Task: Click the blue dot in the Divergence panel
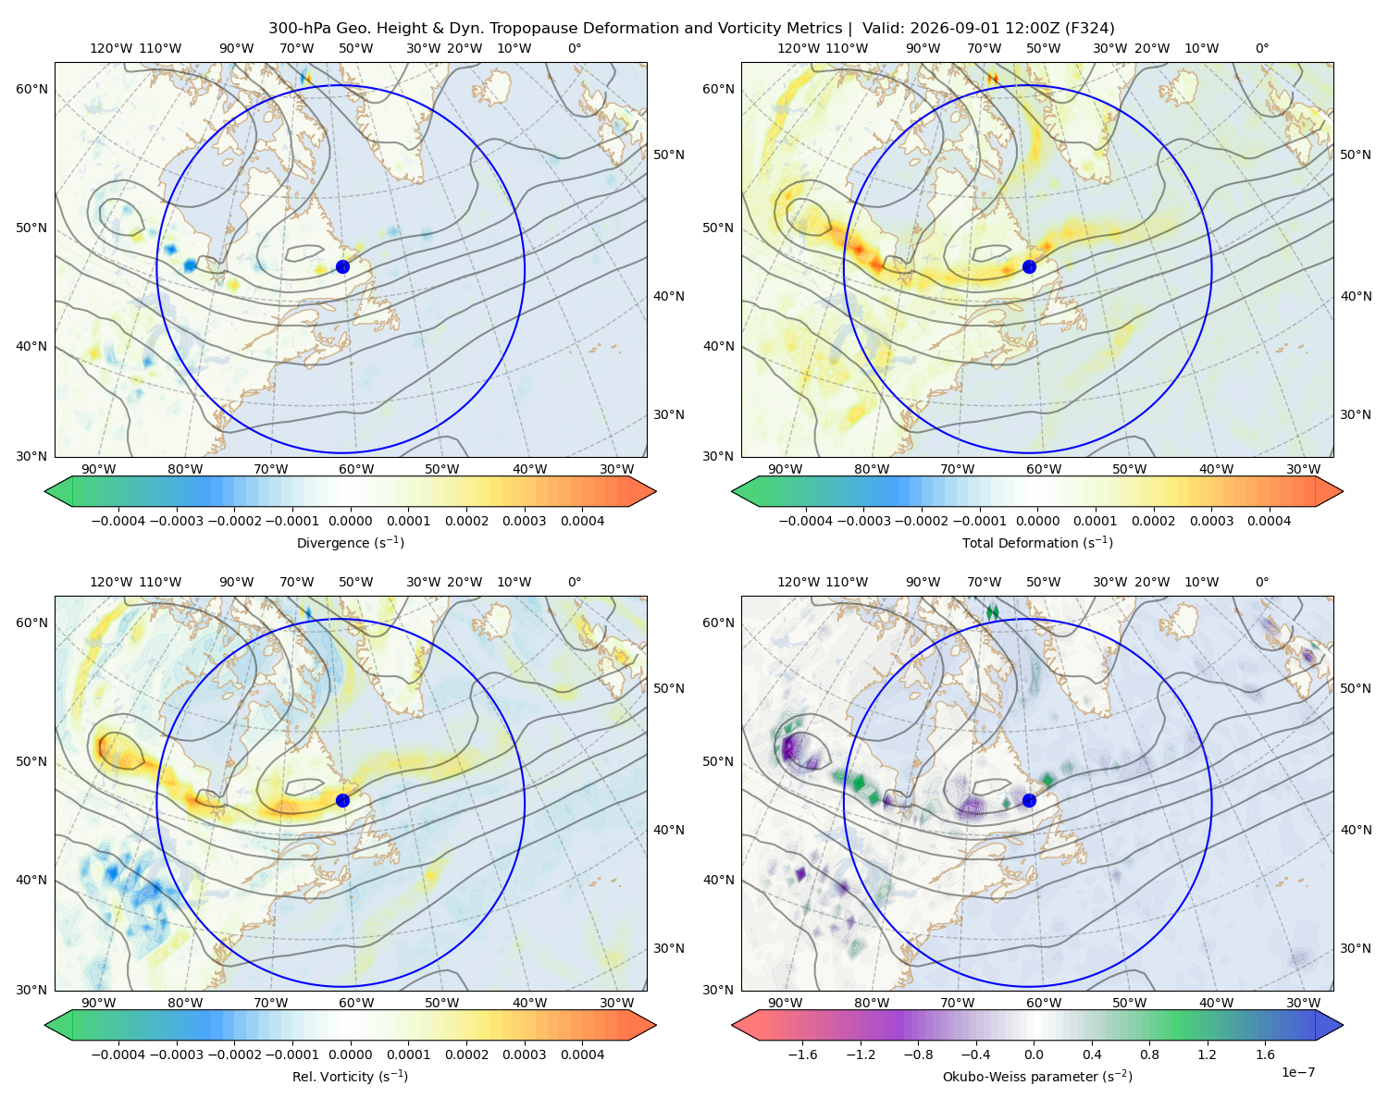pyautogui.click(x=342, y=266)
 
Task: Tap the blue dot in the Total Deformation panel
pyautogui.click(x=1029, y=266)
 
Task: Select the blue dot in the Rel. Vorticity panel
pyautogui.click(x=342, y=800)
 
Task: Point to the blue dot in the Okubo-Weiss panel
pyautogui.click(x=1029, y=800)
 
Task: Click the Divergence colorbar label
pyautogui.click(x=350, y=542)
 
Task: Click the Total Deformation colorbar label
pyautogui.click(x=1037, y=542)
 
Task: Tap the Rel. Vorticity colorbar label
pyautogui.click(x=350, y=1077)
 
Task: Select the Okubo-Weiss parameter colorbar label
pyautogui.click(x=1037, y=1077)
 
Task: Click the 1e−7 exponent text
pyautogui.click(x=1297, y=1072)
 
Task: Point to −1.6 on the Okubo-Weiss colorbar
pyautogui.click(x=802, y=1054)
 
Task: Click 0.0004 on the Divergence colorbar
pyautogui.click(x=582, y=521)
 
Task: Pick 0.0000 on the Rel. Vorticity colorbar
pyautogui.click(x=350, y=1054)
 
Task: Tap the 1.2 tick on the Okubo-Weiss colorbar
pyautogui.click(x=1208, y=1054)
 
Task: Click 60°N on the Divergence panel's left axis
pyautogui.click(x=31, y=89)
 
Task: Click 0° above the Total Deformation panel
pyautogui.click(x=1261, y=48)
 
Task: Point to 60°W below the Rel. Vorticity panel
pyautogui.click(x=356, y=1003)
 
